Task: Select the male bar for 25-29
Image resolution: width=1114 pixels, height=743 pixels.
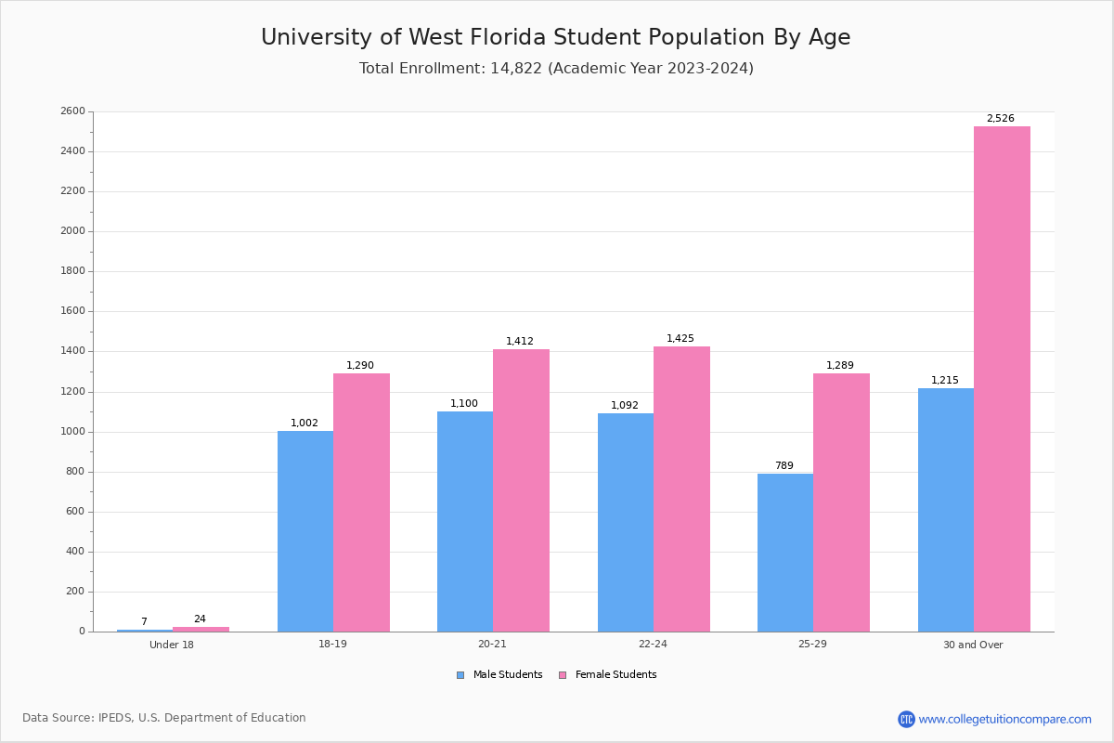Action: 785,553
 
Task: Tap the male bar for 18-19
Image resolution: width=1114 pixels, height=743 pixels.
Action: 305,531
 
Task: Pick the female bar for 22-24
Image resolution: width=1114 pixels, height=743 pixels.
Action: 681,489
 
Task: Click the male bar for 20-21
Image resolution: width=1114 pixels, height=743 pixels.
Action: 465,521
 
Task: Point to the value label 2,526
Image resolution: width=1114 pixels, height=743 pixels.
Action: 1000,119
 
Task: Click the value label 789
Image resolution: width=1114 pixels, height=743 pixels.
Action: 784,466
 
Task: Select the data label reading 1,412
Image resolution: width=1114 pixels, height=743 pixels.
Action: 520,342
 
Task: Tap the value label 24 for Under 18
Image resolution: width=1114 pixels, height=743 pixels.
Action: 200,619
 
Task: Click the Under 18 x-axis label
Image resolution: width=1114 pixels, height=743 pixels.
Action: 172,645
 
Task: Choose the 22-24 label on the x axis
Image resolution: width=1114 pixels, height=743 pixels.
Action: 653,645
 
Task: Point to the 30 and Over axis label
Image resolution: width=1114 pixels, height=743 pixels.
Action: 973,645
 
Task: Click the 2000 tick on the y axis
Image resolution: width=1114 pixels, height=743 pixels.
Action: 72,231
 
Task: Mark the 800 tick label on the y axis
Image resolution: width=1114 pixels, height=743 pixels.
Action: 75,472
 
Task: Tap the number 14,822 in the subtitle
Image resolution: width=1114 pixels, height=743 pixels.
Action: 515,69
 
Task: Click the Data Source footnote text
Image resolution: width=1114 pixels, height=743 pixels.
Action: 164,718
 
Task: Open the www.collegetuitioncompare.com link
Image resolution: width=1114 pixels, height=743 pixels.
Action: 1004,719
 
